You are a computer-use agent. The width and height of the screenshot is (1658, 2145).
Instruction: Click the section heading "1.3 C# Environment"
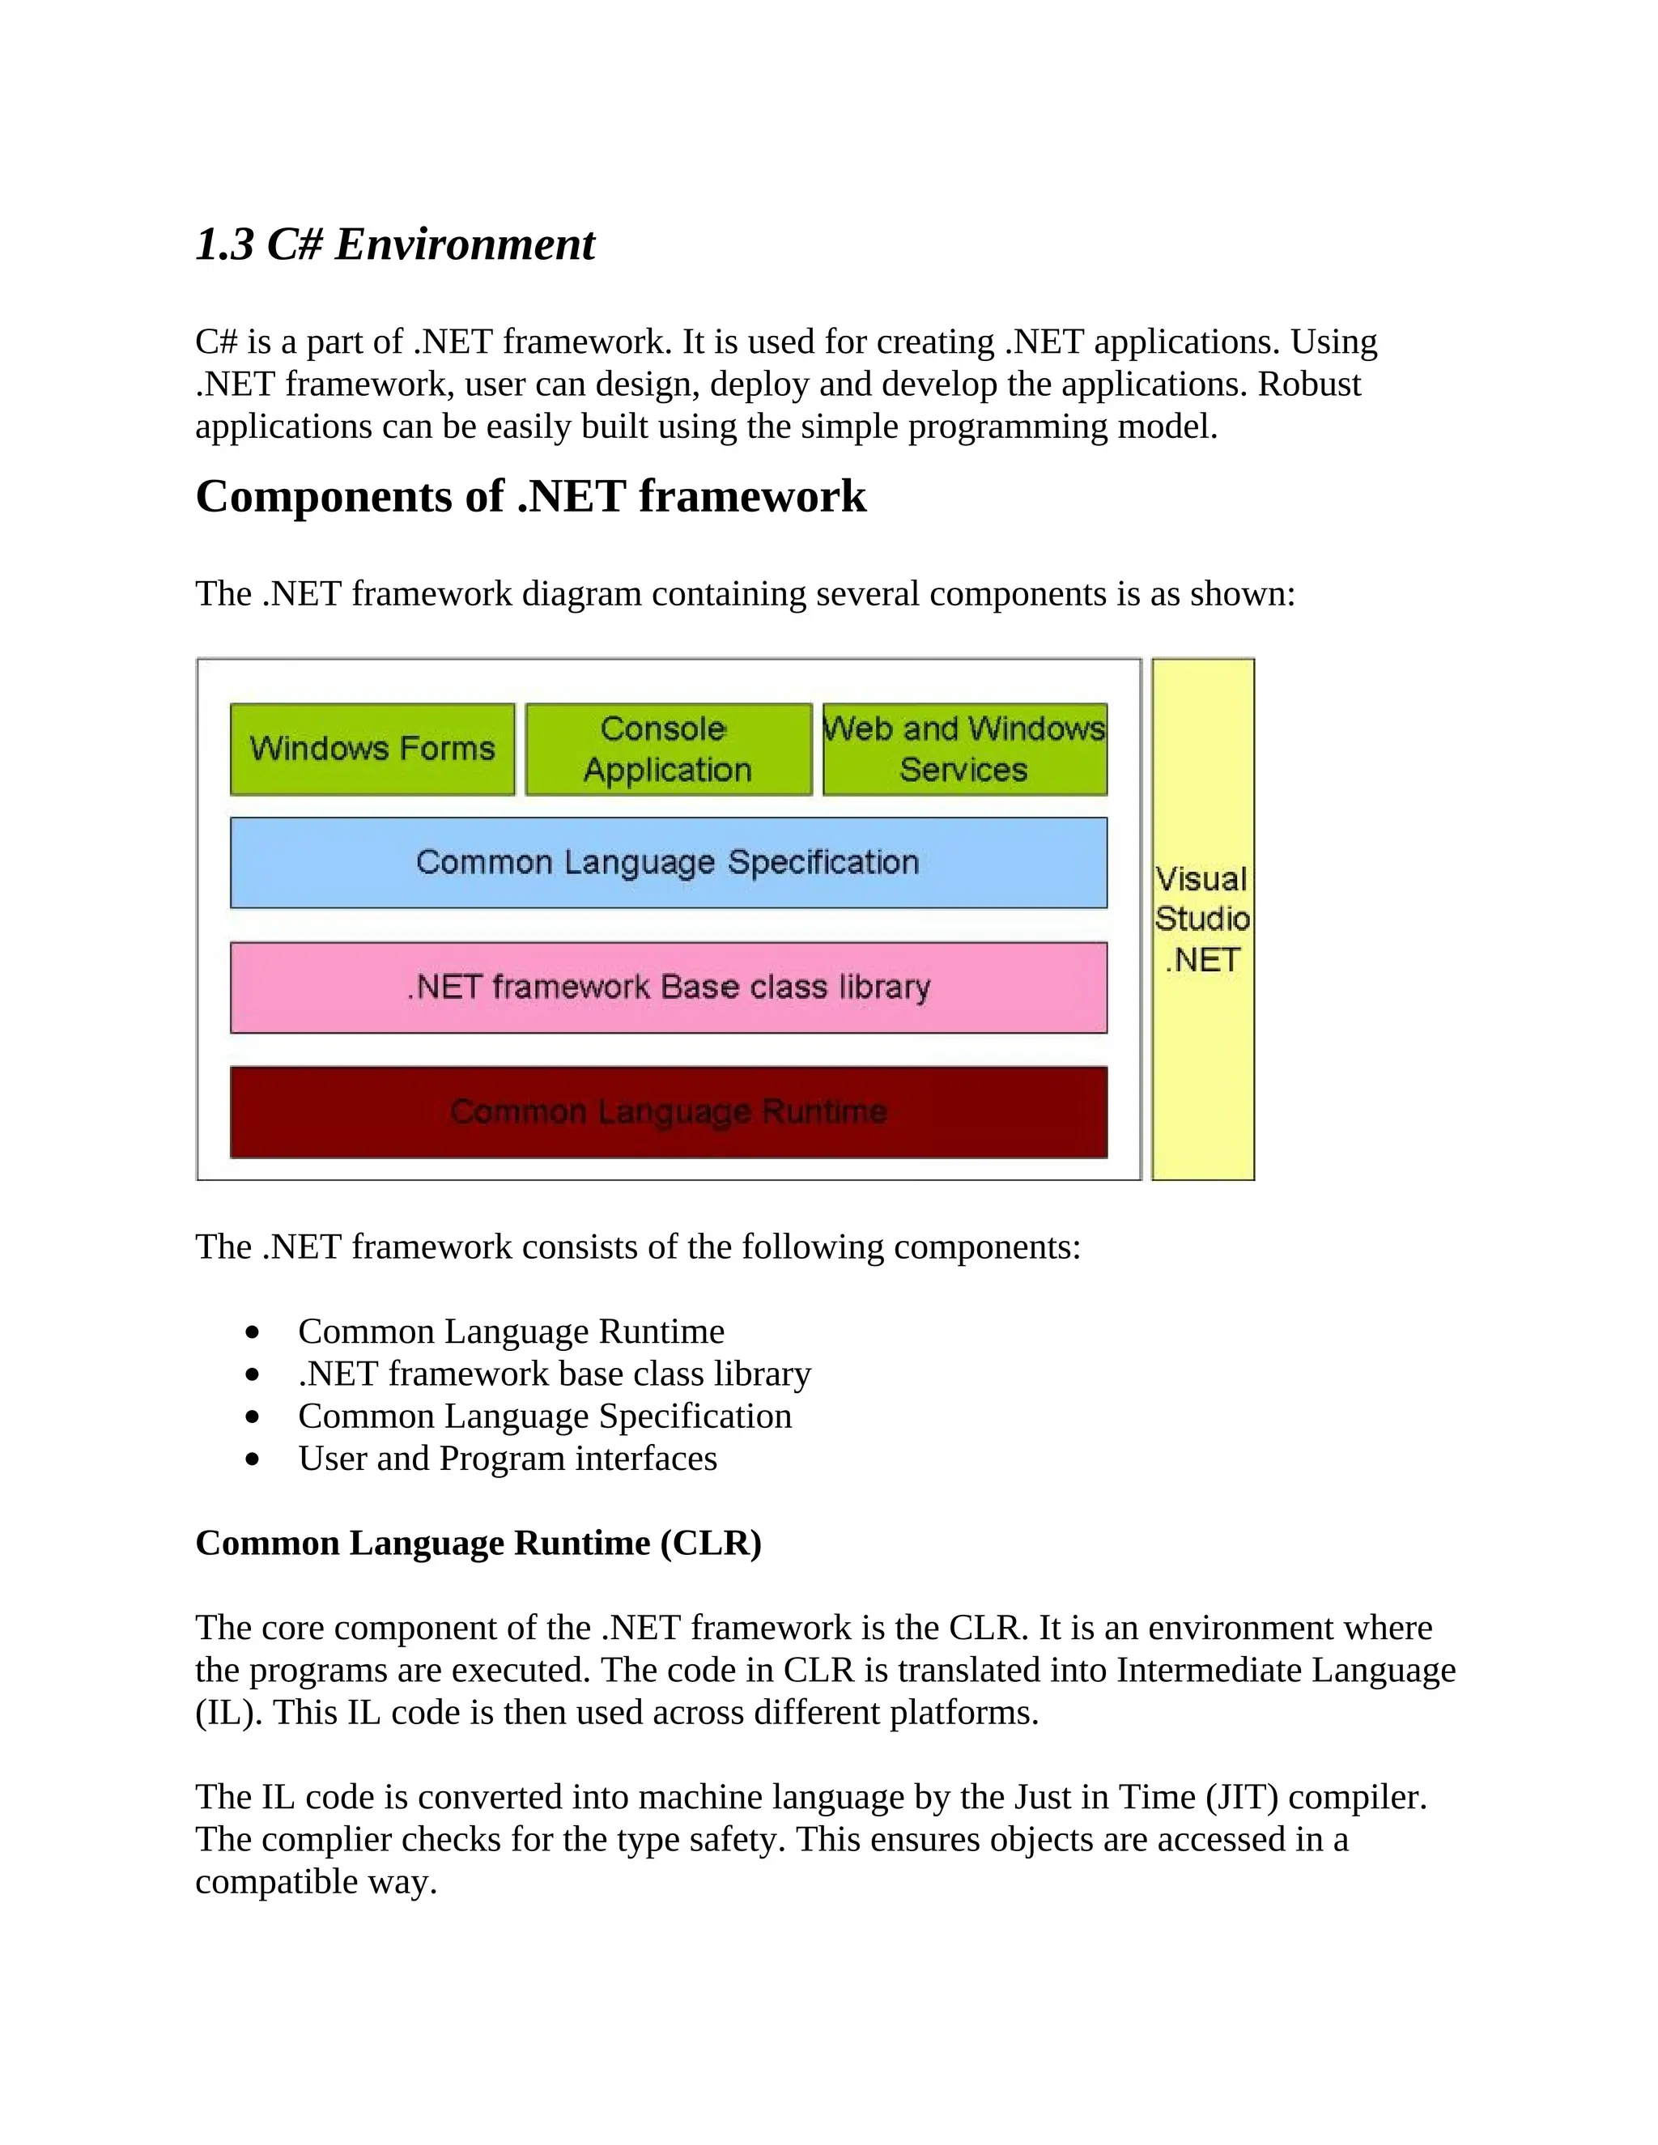(x=395, y=244)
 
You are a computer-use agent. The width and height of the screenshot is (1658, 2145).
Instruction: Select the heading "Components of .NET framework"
(x=530, y=496)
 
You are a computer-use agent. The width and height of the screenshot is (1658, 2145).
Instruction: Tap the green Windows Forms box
(x=372, y=750)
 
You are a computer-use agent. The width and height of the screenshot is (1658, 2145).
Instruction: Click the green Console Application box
(x=668, y=750)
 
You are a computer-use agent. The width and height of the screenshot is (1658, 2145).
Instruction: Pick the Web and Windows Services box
(x=964, y=750)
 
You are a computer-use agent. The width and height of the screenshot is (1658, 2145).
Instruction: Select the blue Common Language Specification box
(x=668, y=862)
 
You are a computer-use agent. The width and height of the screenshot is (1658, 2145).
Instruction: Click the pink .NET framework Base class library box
(x=668, y=987)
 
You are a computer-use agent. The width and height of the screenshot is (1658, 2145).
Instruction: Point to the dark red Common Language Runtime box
(x=668, y=1112)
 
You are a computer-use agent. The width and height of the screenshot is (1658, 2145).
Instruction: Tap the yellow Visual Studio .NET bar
(x=1202, y=920)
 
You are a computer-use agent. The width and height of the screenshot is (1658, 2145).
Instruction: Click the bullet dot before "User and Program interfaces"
(x=253, y=1459)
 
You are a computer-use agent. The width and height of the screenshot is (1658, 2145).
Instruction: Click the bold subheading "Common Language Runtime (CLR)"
(x=478, y=1543)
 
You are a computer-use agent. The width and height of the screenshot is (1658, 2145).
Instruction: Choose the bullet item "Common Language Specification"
(x=545, y=1417)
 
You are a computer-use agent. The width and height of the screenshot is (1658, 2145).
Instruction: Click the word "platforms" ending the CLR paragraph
(x=962, y=1713)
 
